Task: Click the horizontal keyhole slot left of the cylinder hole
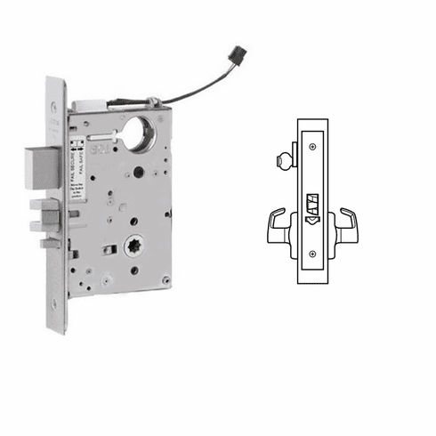(113, 131)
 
